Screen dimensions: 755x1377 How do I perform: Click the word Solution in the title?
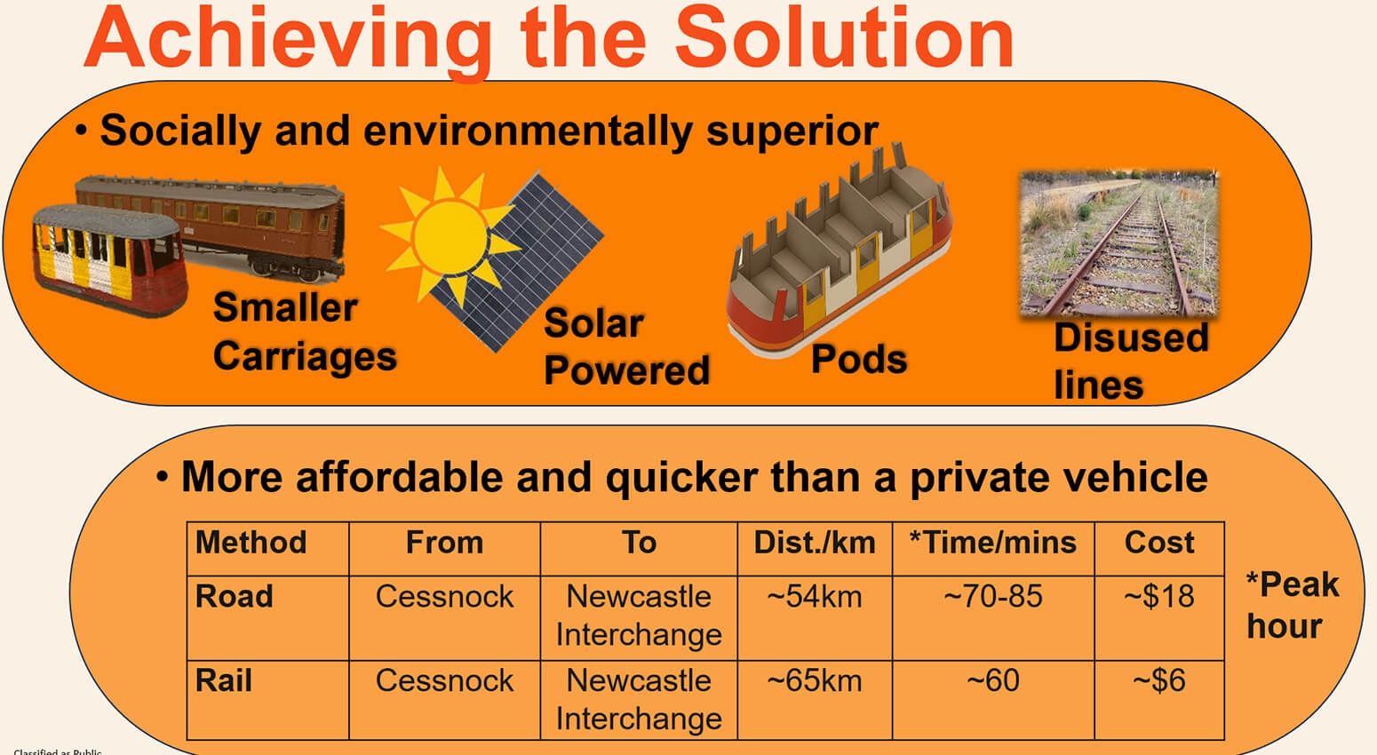(x=844, y=40)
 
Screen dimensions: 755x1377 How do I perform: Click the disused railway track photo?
(x=1118, y=243)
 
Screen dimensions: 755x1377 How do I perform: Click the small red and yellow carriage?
(x=108, y=259)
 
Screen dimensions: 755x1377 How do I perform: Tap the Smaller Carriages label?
(x=304, y=332)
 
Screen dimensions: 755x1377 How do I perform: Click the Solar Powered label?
(x=626, y=347)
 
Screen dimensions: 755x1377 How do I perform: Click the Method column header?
(x=251, y=543)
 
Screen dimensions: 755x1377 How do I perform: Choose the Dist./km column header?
(x=814, y=543)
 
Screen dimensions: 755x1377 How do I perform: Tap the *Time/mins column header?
(x=992, y=543)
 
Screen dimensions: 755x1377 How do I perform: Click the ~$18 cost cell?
(x=1158, y=597)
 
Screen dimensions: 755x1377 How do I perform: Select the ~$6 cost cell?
(x=1158, y=681)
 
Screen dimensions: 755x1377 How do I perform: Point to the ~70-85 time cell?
(x=992, y=597)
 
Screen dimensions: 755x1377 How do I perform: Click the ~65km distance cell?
(x=814, y=681)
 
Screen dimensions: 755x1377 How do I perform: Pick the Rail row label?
(x=224, y=681)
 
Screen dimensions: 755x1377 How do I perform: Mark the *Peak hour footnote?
(x=1291, y=605)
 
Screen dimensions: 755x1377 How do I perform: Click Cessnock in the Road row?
(x=444, y=597)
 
